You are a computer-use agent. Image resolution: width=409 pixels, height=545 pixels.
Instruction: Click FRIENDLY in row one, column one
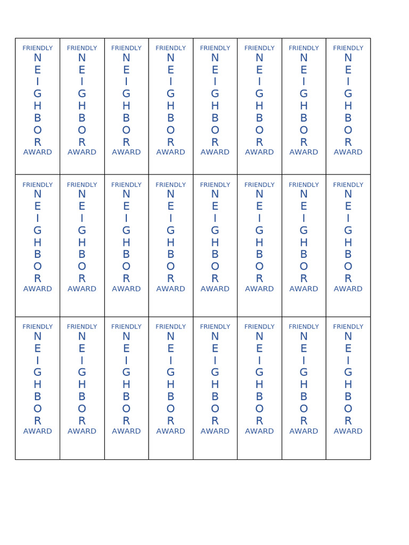click(x=37, y=48)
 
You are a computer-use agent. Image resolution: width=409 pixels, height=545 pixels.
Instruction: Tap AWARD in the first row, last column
click(x=348, y=152)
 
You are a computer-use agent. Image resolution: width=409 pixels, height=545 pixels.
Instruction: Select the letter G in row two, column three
click(x=126, y=230)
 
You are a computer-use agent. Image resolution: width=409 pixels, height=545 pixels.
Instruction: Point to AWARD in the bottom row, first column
click(x=37, y=431)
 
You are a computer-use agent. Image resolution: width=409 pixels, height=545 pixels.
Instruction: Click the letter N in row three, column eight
click(x=348, y=336)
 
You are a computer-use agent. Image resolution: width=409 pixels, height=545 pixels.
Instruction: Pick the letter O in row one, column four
click(x=170, y=130)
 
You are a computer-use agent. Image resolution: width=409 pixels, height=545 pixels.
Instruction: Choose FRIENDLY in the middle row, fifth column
click(x=215, y=185)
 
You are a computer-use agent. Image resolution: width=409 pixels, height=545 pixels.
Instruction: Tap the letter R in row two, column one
click(x=37, y=278)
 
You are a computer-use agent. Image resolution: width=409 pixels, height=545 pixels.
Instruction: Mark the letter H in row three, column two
click(x=81, y=384)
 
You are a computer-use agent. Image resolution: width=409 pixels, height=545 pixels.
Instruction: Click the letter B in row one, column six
click(x=259, y=118)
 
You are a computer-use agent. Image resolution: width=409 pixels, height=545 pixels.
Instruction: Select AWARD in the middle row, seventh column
click(x=304, y=289)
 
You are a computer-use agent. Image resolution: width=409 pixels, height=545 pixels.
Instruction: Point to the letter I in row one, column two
click(x=81, y=81)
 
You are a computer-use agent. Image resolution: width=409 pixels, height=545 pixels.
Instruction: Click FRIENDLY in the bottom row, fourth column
click(x=170, y=327)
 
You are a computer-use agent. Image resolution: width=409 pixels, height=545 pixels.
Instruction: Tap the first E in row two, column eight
click(x=348, y=206)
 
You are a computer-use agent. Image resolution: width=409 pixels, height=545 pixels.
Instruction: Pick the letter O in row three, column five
click(x=215, y=408)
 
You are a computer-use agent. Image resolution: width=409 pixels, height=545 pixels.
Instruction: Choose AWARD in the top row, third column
click(x=126, y=152)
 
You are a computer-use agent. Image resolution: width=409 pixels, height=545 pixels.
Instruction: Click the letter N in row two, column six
click(x=259, y=194)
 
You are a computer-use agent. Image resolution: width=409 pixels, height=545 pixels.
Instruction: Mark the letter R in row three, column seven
click(x=304, y=420)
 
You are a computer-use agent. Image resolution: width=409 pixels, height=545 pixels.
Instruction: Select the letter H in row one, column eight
click(x=348, y=106)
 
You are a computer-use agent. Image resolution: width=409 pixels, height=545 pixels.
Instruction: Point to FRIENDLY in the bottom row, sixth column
click(x=259, y=327)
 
